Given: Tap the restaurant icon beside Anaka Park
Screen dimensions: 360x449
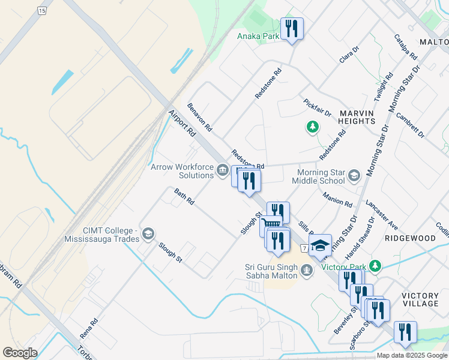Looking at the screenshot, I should [292, 28].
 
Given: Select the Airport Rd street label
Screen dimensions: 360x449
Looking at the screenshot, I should [182, 122].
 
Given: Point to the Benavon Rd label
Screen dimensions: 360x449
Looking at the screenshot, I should [199, 117].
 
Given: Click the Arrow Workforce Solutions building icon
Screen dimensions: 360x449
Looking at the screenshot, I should [222, 172].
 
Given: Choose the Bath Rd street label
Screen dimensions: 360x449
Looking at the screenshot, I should [184, 197].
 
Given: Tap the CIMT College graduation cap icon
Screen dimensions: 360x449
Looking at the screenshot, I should [148, 234].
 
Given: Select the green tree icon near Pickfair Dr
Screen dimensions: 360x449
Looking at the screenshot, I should [312, 127].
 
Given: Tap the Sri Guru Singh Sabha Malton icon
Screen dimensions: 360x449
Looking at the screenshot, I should [307, 271].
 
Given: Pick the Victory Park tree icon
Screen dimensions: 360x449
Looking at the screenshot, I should [375, 265].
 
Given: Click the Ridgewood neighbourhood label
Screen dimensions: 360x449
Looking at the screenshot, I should [410, 238].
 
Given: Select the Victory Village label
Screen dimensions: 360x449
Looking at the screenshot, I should [420, 299].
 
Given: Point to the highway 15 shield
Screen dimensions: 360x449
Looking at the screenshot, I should [41, 11].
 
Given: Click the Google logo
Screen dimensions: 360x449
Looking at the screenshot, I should [20, 353].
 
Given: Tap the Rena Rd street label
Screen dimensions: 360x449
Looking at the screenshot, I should [88, 328].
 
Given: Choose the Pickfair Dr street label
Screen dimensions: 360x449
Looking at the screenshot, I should [318, 108].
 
